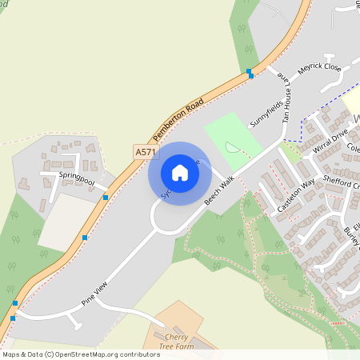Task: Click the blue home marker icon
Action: click(x=179, y=173)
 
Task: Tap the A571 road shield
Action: click(x=146, y=151)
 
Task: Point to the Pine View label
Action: click(x=94, y=295)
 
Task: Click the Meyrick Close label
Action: click(x=320, y=74)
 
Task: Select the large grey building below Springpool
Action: click(x=66, y=221)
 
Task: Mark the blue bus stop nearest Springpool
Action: click(x=105, y=197)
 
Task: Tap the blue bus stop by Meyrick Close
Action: click(x=250, y=73)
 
